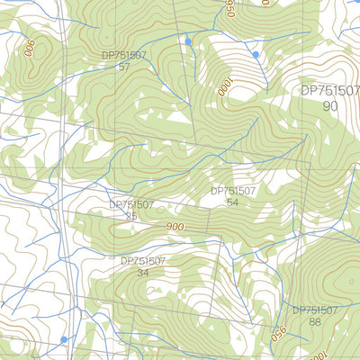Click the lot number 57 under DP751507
pos(124,67)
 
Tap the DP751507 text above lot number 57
pos(124,56)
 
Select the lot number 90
pos(330,106)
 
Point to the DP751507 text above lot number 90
pos(329,91)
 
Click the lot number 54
pos(233,202)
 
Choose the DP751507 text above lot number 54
pos(234,191)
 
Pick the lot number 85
pos(131,216)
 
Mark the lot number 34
pos(143,273)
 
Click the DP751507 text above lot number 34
pos(143,261)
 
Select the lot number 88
pos(314,321)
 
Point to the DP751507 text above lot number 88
pos(314,310)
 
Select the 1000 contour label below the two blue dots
pos(223,87)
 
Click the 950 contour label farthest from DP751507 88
pos(229,8)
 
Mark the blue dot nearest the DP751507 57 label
pos(188,41)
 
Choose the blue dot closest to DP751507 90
pos(256,55)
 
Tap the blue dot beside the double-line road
pos(64,339)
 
